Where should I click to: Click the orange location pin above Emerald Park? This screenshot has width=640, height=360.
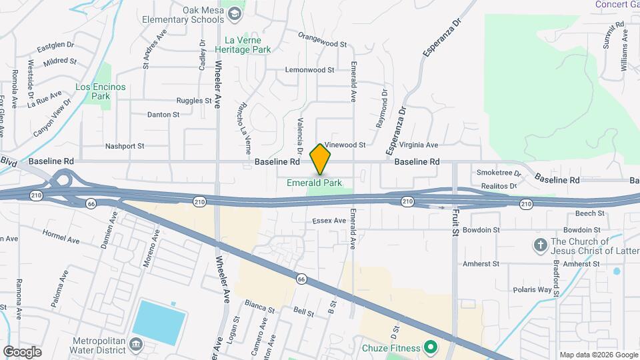pyautogui.click(x=321, y=158)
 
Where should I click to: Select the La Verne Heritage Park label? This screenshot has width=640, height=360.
pyautogui.click(x=248, y=44)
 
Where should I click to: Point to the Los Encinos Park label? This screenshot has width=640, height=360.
pyautogui.click(x=92, y=91)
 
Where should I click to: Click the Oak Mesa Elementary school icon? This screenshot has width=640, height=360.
pyautogui.click(x=235, y=14)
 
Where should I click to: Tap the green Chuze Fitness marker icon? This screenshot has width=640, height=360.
pyautogui.click(x=431, y=347)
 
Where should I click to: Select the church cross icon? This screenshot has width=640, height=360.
pyautogui.click(x=541, y=245)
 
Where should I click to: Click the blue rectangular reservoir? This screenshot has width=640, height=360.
pyautogui.click(x=159, y=322)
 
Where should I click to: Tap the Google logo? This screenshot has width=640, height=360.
pyautogui.click(x=22, y=351)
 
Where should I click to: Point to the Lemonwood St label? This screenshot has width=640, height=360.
pyautogui.click(x=309, y=69)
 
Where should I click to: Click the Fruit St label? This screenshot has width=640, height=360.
pyautogui.click(x=456, y=224)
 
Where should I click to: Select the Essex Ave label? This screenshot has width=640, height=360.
pyautogui.click(x=329, y=221)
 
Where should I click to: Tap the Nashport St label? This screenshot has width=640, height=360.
pyautogui.click(x=125, y=146)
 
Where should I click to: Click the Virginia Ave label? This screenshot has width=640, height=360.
pyautogui.click(x=418, y=145)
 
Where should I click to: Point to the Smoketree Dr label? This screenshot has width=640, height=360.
pyautogui.click(x=499, y=173)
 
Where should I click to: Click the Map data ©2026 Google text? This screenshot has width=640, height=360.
pyautogui.click(x=598, y=355)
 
